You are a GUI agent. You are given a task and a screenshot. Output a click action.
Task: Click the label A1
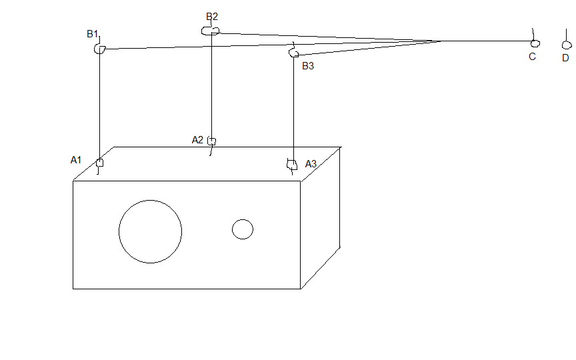tap(76, 160)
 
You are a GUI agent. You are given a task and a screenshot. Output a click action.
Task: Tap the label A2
tap(197, 140)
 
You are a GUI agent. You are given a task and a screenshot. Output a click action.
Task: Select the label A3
tap(311, 164)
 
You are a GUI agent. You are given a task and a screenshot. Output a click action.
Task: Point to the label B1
tap(92, 34)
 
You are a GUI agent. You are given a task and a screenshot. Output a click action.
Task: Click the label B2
tap(212, 17)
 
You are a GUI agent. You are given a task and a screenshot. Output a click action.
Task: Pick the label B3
tap(308, 66)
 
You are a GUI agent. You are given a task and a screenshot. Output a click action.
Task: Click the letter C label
tap(532, 57)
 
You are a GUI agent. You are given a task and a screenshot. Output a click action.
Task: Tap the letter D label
tap(566, 58)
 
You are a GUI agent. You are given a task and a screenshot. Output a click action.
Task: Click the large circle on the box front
tap(119, 232)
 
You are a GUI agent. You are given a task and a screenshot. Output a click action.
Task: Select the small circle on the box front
tap(232, 229)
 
